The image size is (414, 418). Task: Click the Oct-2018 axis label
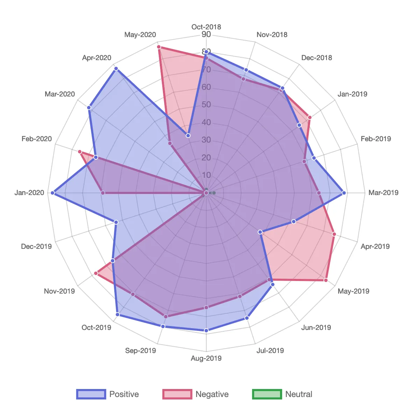tap(206, 27)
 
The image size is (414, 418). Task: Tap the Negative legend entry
tap(195, 394)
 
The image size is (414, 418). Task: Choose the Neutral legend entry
tap(282, 394)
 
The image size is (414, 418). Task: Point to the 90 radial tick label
tap(206, 34)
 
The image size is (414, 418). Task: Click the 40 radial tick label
tap(206, 122)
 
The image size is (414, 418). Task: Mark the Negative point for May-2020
tap(159, 47)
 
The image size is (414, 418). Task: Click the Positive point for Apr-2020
tap(116, 69)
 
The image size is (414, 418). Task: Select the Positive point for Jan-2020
tap(52, 193)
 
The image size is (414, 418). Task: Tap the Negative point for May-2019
tap(326, 280)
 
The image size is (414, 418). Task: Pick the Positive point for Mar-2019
tap(344, 193)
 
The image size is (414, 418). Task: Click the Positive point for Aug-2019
tap(206, 330)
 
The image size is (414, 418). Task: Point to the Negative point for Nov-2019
tap(96, 273)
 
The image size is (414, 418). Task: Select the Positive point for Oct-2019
tap(117, 315)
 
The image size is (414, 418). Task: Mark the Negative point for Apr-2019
tap(334, 234)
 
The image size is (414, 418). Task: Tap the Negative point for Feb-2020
tap(80, 152)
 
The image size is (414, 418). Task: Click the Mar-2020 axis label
tap(60, 94)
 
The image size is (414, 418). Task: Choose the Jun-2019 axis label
tap(316, 327)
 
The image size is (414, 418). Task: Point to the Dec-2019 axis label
tap(36, 246)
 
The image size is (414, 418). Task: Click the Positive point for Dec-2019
tap(116, 222)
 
